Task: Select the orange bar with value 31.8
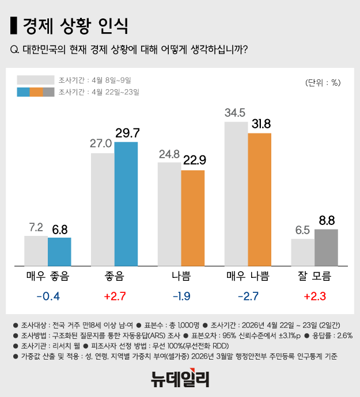[259, 199]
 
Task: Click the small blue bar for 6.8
[59, 251]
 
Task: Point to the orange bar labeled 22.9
[193, 217]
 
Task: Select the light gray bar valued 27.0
[103, 209]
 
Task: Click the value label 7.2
[36, 228]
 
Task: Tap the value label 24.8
[169, 154]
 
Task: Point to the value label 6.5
[302, 230]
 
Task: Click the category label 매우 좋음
[47, 276]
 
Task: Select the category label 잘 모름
[314, 276]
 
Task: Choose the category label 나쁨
[181, 276]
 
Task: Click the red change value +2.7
[114, 297]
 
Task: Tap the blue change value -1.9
[181, 297]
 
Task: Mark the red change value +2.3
[314, 297]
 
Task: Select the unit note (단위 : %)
[323, 82]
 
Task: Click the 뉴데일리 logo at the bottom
[180, 379]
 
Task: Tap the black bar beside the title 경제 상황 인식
[14, 26]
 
